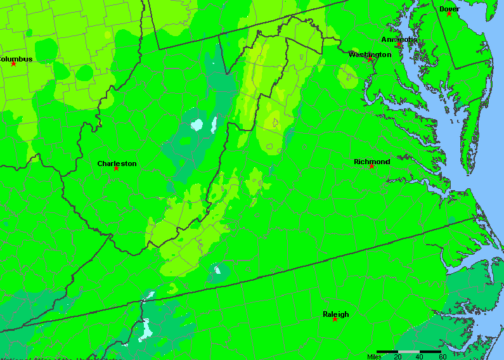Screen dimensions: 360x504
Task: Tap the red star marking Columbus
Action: tap(13, 64)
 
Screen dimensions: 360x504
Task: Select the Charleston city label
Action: tap(117, 164)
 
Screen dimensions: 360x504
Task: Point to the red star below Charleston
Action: tap(116, 169)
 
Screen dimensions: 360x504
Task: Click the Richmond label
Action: tap(372, 162)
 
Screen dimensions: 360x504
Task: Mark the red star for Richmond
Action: tap(372, 167)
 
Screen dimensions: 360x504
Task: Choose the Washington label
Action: tap(370, 55)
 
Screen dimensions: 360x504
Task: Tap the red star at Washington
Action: tap(371, 60)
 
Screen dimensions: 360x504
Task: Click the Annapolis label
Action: tap(399, 39)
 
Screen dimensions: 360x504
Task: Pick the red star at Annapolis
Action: tap(398, 45)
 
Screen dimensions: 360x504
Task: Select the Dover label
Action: tap(449, 9)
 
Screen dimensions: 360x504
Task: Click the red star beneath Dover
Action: tap(449, 14)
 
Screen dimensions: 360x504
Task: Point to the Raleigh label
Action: tap(335, 314)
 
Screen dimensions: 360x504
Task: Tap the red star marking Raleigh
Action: tap(335, 319)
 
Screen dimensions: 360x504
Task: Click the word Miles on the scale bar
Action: tap(375, 356)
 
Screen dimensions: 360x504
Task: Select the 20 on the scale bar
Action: tap(398, 356)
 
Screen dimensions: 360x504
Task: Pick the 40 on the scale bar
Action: tap(420, 356)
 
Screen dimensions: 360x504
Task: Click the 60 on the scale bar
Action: tap(442, 356)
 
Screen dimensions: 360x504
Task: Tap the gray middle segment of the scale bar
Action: tap(409, 351)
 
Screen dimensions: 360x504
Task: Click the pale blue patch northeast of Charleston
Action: tap(197, 124)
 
